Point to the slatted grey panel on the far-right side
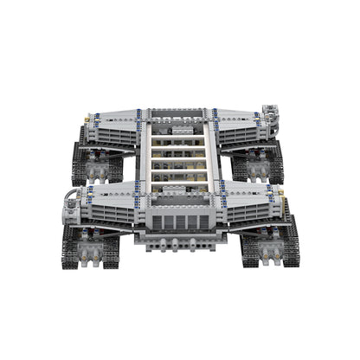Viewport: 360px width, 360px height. tap(246, 134)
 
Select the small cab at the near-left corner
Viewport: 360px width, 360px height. tap(73, 206)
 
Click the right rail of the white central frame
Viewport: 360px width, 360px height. tap(212, 156)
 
